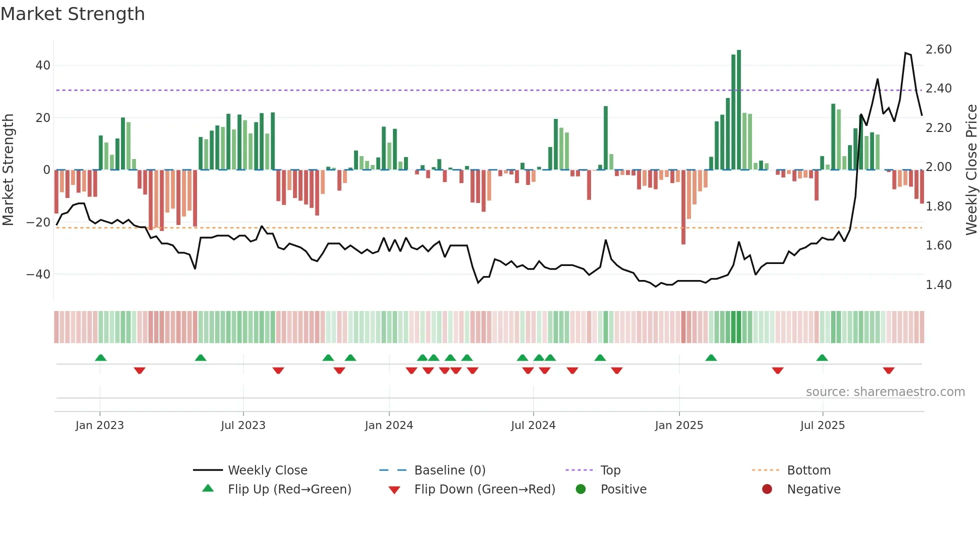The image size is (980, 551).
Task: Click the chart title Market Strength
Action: tap(72, 14)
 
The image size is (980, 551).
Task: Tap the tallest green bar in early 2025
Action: tap(739, 110)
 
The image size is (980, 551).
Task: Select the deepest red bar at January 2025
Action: tap(683, 207)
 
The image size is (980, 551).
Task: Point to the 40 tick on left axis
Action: tap(43, 65)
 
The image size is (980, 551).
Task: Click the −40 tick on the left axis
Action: tap(38, 274)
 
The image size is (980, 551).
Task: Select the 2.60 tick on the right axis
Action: tap(938, 49)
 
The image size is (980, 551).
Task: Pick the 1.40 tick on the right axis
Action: tap(938, 285)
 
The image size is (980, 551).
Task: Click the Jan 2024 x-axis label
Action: tap(389, 425)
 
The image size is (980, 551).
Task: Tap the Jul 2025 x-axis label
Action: tap(822, 425)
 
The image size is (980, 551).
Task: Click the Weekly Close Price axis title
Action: tap(971, 170)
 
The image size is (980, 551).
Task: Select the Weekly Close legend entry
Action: tap(267, 470)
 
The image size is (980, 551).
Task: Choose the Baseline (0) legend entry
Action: tap(449, 470)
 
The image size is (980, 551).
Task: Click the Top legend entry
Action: tap(610, 470)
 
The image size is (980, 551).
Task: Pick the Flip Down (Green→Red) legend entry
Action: tap(484, 489)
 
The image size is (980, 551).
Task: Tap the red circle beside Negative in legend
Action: tap(767, 489)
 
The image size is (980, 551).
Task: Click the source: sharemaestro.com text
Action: tap(885, 392)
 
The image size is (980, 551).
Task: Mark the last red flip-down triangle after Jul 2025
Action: tap(888, 370)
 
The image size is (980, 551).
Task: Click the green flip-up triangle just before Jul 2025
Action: tap(822, 357)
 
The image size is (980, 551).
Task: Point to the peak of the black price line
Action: tap(905, 53)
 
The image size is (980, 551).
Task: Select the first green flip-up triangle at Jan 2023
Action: tap(100, 357)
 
